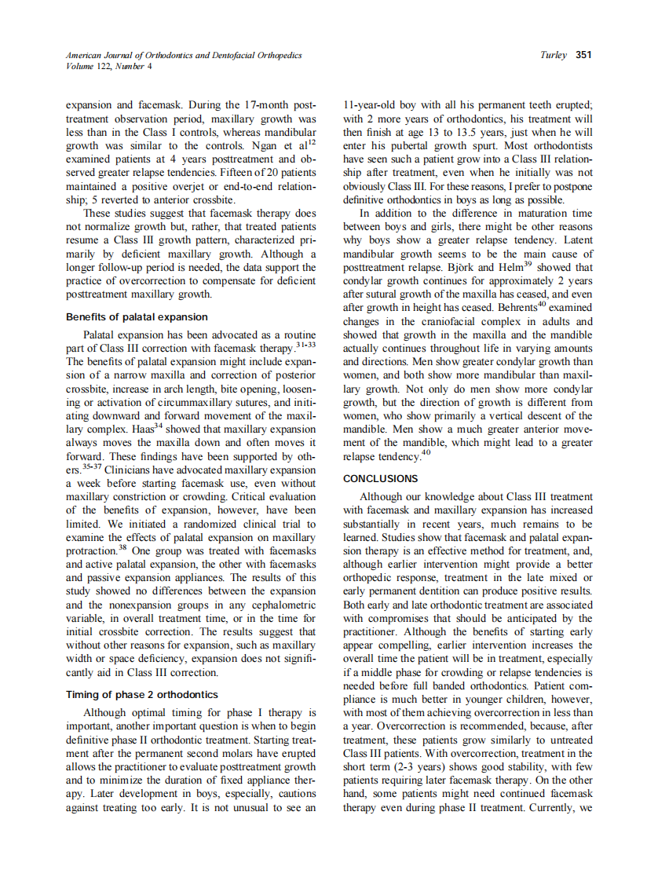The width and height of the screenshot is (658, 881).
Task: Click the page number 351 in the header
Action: coord(583,55)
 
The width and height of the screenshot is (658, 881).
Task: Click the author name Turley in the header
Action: coord(554,55)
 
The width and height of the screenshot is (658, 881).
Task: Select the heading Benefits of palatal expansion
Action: coord(137,317)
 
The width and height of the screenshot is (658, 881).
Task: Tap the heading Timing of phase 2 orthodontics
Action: coord(141,695)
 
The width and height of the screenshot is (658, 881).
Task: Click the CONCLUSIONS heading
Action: coord(380,478)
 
